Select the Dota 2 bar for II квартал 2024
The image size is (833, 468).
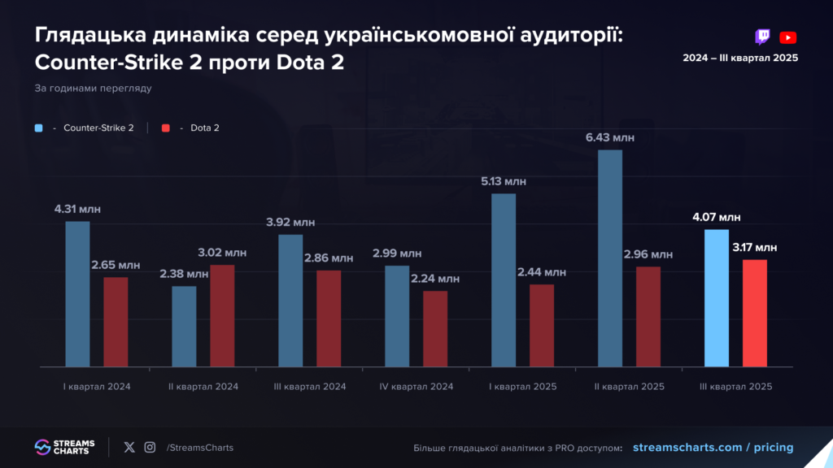pos(222,315)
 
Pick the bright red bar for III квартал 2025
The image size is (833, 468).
pos(755,313)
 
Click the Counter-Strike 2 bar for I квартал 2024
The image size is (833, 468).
pos(77,293)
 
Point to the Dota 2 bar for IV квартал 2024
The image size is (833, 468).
pos(435,328)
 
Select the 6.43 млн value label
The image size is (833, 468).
pos(610,137)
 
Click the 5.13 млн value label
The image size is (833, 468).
pos(504,181)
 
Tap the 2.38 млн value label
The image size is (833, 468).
pos(184,274)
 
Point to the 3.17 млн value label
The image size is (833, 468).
pos(754,247)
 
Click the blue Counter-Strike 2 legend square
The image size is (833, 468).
pos(39,128)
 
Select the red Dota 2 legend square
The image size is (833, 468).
pos(166,128)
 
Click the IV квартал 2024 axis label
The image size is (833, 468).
pos(416,387)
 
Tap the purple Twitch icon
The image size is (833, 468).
pos(762,37)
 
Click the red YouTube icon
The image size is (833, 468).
pos(787,37)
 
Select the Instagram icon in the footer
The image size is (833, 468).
pos(150,447)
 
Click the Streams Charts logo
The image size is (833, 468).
pos(65,447)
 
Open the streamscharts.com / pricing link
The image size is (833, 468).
pos(712,448)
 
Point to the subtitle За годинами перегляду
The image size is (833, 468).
pos(94,88)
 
